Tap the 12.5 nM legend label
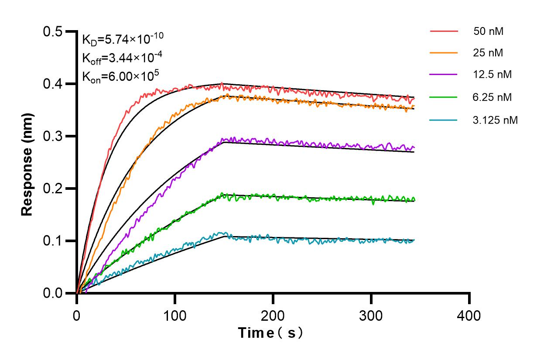pyautogui.click(x=492, y=74)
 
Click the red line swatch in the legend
pyautogui.click(x=444, y=31)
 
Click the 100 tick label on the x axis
pyautogui.click(x=175, y=315)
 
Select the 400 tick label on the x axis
pyautogui.click(x=469, y=315)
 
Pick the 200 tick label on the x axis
pyautogui.click(x=273, y=315)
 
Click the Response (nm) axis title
pyautogui.click(x=27, y=162)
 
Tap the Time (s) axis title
pyautogui.click(x=270, y=333)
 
